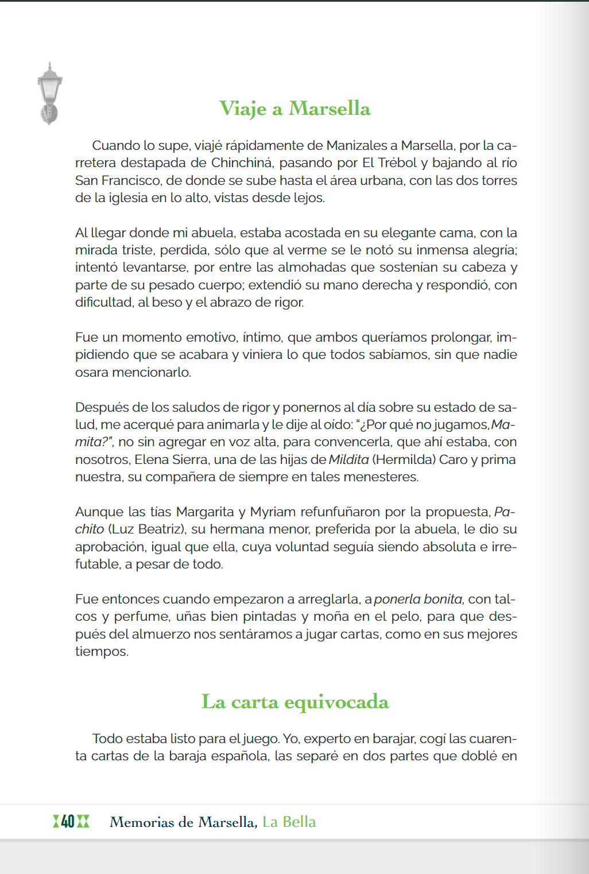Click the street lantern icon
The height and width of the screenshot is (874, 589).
pos(49,92)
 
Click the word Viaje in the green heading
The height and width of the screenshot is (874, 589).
pos(243,109)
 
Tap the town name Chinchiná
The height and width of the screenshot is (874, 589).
pos(242,163)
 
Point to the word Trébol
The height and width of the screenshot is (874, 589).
pos(397,163)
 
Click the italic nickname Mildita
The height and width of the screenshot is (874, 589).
pos(348,459)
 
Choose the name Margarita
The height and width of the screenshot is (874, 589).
pos(204,512)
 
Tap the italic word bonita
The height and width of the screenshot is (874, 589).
pos(443,599)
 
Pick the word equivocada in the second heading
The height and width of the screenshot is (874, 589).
pos(336,702)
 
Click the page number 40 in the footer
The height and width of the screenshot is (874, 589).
pos(68,822)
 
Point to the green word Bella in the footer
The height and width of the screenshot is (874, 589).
pos(299,822)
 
